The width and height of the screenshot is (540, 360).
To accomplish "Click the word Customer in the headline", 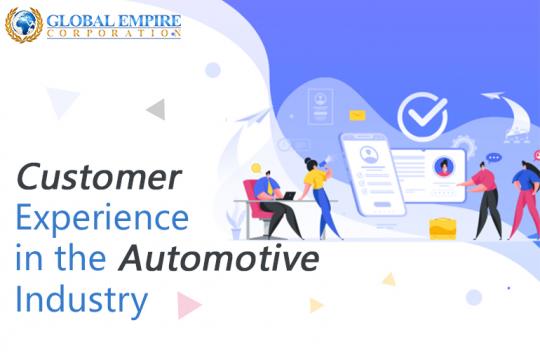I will click(98, 178).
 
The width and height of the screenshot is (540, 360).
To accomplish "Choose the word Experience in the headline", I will click(101, 218).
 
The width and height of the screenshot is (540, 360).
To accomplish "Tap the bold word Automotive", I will click(220, 258).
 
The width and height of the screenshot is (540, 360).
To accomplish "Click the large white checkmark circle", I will click(422, 116).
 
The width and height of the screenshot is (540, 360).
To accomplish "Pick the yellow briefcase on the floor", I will click(443, 226).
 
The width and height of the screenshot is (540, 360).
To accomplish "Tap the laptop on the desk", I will click(285, 195).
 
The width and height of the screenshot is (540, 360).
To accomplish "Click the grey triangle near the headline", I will click(155, 109).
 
